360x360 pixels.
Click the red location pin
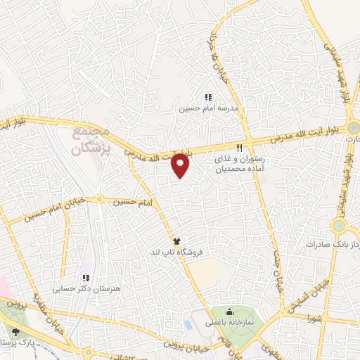[x=181, y=165]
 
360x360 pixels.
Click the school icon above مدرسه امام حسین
[x=207, y=98]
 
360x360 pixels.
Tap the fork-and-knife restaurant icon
[x=240, y=148]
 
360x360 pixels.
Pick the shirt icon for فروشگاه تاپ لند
[x=186, y=240]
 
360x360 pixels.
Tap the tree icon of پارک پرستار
[x=15, y=331]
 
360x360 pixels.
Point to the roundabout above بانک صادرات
[x=340, y=226]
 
